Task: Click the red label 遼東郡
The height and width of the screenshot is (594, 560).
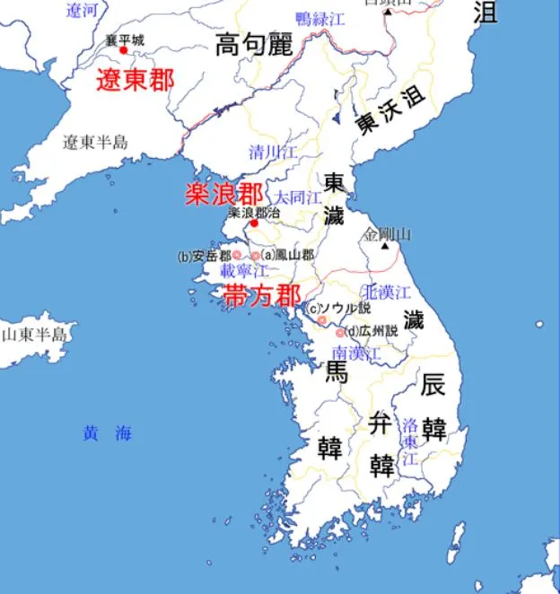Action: click(136, 81)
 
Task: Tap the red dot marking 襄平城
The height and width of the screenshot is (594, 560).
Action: click(124, 50)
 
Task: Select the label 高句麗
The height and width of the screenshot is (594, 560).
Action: click(255, 45)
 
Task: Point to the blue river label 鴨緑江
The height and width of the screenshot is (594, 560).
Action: click(320, 18)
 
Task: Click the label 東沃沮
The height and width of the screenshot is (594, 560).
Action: click(389, 112)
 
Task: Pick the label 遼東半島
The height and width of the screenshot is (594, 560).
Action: click(95, 142)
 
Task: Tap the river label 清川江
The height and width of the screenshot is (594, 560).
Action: click(273, 153)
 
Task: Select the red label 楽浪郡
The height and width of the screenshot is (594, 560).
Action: click(224, 194)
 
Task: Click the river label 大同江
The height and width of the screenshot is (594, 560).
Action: click(298, 197)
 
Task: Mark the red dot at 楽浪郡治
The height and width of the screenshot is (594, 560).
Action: click(254, 223)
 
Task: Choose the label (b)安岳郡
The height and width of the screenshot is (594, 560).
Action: click(205, 256)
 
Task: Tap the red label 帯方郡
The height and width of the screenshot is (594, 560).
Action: click(262, 295)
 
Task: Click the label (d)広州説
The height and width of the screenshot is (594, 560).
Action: click(371, 331)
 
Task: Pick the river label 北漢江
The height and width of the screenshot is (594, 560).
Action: click(386, 293)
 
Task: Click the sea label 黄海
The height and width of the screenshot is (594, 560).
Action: click(107, 433)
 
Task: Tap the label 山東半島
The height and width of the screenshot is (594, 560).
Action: click(33, 335)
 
